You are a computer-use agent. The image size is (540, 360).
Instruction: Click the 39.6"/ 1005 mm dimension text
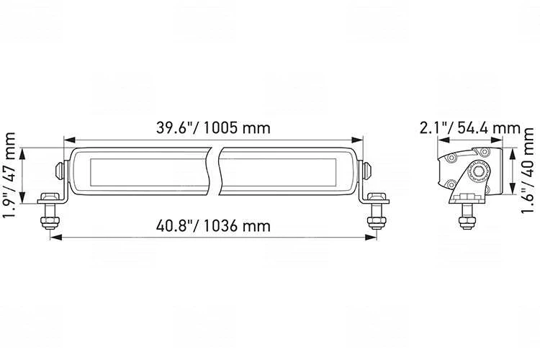tap(213, 128)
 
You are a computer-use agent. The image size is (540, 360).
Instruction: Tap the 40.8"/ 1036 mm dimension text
tap(213, 226)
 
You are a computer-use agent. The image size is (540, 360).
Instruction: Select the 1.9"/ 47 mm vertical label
tap(9, 175)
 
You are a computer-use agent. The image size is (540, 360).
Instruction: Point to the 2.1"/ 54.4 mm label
tap(469, 128)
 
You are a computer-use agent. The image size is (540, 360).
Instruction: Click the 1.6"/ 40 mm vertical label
tap(527, 171)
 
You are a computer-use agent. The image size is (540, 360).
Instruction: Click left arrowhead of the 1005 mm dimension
tap(70, 140)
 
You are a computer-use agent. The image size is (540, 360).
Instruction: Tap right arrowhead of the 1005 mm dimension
tap(357, 140)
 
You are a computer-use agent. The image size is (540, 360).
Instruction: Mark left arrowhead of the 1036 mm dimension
tap(56, 237)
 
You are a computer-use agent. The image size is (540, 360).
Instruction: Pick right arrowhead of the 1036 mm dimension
tap(371, 237)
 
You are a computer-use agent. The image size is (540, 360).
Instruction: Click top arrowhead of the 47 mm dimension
tap(22, 153)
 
